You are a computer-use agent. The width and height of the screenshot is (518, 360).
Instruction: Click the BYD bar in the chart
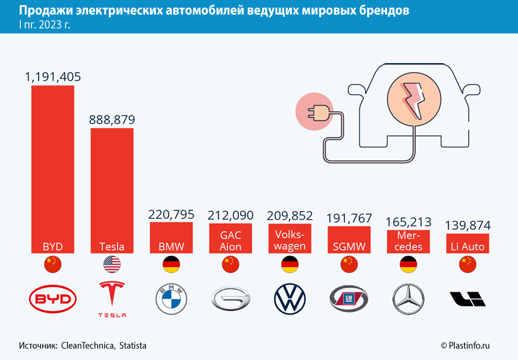(x=53, y=164)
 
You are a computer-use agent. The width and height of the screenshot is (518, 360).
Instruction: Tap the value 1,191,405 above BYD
(x=53, y=76)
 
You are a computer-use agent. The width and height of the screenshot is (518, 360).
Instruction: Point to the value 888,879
(x=112, y=119)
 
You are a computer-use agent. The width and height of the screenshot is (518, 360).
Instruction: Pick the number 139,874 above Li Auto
(x=468, y=225)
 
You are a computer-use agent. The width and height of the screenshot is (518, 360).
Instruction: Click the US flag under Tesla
(x=112, y=264)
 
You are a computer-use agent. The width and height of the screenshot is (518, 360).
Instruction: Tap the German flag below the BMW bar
(x=171, y=264)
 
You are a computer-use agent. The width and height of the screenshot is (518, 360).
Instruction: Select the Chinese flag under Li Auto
(x=468, y=264)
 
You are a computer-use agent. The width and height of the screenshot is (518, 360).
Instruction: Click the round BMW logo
(x=171, y=299)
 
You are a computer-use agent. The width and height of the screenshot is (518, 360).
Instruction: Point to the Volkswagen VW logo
(x=291, y=299)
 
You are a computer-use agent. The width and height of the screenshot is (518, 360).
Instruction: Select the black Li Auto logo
(x=468, y=299)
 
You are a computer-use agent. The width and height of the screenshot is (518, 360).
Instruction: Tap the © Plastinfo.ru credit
(x=466, y=345)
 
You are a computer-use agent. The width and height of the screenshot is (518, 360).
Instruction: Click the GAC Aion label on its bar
(x=231, y=241)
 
